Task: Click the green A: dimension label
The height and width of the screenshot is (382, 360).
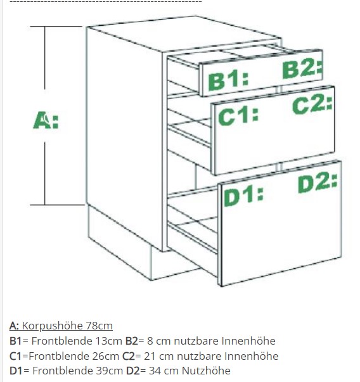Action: click(x=46, y=120)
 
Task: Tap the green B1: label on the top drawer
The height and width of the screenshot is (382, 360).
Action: click(x=228, y=80)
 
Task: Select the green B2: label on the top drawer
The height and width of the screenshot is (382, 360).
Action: click(x=302, y=70)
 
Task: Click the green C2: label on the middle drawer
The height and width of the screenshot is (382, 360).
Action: click(x=312, y=105)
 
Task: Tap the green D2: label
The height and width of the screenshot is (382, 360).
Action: click(x=318, y=183)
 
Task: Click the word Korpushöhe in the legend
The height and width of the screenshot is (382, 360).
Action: click(x=52, y=326)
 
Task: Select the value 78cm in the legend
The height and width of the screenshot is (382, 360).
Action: click(x=99, y=326)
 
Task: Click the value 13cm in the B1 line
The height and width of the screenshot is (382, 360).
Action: click(x=108, y=341)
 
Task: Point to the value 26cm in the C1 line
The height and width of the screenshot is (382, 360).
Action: click(x=106, y=356)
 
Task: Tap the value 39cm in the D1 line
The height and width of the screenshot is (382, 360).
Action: click(x=110, y=371)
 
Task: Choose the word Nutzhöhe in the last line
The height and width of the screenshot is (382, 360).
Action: click(x=206, y=371)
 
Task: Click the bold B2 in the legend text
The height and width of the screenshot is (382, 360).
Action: click(x=132, y=341)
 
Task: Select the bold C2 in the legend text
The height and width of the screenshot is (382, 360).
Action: click(x=129, y=356)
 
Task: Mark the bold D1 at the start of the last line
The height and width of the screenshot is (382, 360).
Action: click(x=16, y=371)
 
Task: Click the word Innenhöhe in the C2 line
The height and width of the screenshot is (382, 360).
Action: click(x=251, y=356)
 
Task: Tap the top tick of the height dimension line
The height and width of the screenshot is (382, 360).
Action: click(x=56, y=26)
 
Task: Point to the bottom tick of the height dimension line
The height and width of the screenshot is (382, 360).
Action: click(x=57, y=205)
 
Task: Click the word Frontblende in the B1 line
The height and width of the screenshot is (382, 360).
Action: click(x=61, y=341)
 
